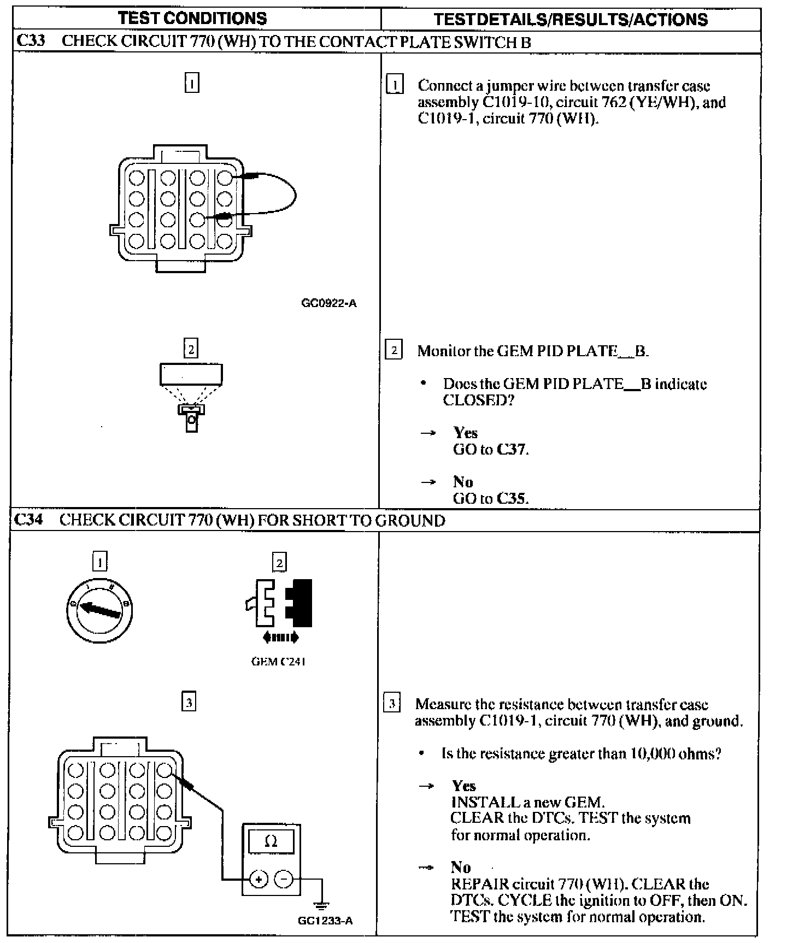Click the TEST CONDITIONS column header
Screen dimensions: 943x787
(192, 19)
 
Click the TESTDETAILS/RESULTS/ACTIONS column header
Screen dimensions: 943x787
(571, 20)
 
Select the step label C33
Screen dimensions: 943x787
(31, 42)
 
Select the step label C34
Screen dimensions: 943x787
(28, 520)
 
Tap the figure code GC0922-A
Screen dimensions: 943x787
(329, 303)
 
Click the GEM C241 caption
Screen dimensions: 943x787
(278, 662)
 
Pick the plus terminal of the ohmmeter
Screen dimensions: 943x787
(259, 879)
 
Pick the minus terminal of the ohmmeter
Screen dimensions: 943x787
(284, 879)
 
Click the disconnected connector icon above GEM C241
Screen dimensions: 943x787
(279, 603)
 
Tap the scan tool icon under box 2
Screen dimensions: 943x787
(191, 398)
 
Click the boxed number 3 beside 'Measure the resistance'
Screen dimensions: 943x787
(392, 704)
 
